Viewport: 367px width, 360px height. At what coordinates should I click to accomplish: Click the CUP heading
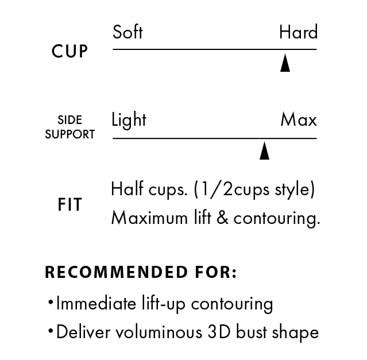coord(69,51)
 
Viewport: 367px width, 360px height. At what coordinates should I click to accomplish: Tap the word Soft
coord(128,32)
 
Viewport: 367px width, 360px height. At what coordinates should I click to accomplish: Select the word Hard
coord(299,32)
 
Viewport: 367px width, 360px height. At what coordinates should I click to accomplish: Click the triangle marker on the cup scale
coord(285,63)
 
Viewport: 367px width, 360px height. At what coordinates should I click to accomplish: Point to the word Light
coord(129,119)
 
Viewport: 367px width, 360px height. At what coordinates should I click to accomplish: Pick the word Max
coord(299,119)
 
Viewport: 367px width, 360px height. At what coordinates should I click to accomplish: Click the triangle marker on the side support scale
coord(265,150)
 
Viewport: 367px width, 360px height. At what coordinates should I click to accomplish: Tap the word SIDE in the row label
coord(69,120)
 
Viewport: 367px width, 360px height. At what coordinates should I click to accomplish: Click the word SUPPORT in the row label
coord(69,134)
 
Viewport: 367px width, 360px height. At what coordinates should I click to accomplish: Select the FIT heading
coord(69,204)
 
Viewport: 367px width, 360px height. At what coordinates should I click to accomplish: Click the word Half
coord(128,188)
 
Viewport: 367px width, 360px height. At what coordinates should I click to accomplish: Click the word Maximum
coord(149,218)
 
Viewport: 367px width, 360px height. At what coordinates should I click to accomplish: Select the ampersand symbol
coord(222,217)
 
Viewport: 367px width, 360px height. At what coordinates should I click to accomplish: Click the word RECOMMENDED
coord(116,272)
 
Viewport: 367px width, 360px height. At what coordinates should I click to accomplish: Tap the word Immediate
coord(96,303)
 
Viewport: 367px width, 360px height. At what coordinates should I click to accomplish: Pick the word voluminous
coord(159,332)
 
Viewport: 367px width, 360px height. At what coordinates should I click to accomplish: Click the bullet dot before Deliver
coord(51,331)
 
